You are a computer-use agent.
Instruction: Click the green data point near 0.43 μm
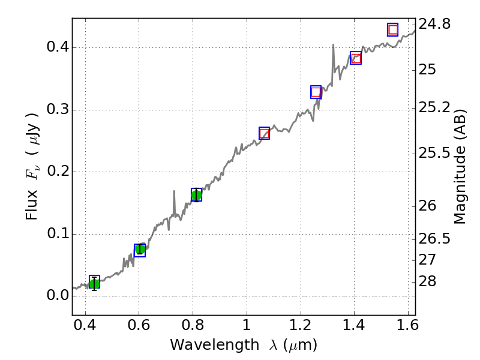94,283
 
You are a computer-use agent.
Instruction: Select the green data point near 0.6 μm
140,250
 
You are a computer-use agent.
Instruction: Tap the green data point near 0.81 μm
196,195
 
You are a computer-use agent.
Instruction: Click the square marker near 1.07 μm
264,133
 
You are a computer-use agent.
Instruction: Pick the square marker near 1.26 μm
316,92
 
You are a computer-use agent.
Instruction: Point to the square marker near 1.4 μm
356,58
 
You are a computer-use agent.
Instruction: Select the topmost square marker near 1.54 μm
393,29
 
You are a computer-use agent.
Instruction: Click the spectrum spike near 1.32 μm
333,45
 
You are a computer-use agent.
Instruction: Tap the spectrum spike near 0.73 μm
174,192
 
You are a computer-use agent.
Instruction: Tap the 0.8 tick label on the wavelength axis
193,326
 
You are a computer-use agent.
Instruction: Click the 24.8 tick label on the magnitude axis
435,25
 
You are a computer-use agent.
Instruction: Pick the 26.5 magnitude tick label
435,239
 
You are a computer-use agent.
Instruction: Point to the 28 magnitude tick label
428,281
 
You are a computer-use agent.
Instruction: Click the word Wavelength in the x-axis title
202,345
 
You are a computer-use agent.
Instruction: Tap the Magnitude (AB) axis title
460,167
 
